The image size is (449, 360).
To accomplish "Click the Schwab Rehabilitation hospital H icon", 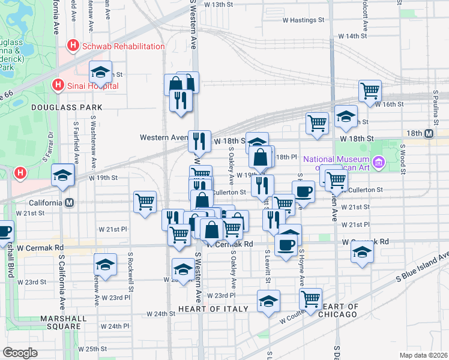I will [x=73, y=46].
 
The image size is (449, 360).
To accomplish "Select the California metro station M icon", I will [x=70, y=202].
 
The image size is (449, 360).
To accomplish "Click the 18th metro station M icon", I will [x=429, y=133].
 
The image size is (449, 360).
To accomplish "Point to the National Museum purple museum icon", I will [x=378, y=162].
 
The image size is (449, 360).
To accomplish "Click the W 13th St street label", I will [x=218, y=5].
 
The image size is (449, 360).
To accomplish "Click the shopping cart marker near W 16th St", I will [x=370, y=91].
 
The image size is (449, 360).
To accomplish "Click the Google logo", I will [x=21, y=352].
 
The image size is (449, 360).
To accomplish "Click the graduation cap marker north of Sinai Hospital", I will [x=100, y=73].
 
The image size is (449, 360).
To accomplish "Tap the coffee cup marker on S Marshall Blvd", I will [x=4, y=231].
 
